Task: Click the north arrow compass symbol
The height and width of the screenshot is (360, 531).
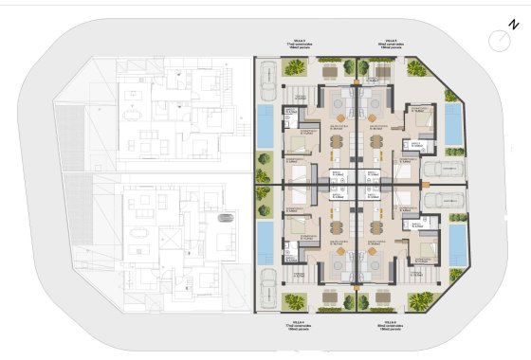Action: (499, 39)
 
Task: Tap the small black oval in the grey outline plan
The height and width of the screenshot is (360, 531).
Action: (226, 217)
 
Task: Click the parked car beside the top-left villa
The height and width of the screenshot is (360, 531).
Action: (268, 73)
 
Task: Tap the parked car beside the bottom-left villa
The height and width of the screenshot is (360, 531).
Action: (268, 288)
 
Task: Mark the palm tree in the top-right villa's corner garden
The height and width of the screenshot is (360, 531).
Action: (417, 67)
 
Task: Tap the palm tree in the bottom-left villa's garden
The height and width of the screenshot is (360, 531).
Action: (296, 302)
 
